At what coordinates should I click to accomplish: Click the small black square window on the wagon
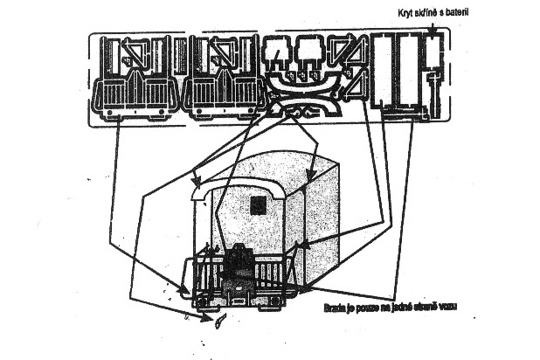pos(258,205)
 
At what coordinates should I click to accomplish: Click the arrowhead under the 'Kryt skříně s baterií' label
pos(434,34)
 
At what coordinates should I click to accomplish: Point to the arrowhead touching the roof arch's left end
pos(193,190)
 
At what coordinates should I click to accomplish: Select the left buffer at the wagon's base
pos(200,302)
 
